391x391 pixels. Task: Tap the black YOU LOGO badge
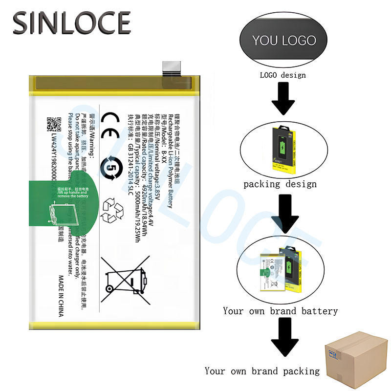click(x=284, y=41)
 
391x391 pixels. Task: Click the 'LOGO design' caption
click(x=282, y=75)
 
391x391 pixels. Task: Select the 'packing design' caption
click(x=280, y=184)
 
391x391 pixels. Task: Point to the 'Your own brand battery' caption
click(x=280, y=311)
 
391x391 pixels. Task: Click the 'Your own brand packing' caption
click(x=262, y=371)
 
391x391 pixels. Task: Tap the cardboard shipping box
click(x=356, y=359)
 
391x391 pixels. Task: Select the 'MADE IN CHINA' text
click(x=61, y=296)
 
